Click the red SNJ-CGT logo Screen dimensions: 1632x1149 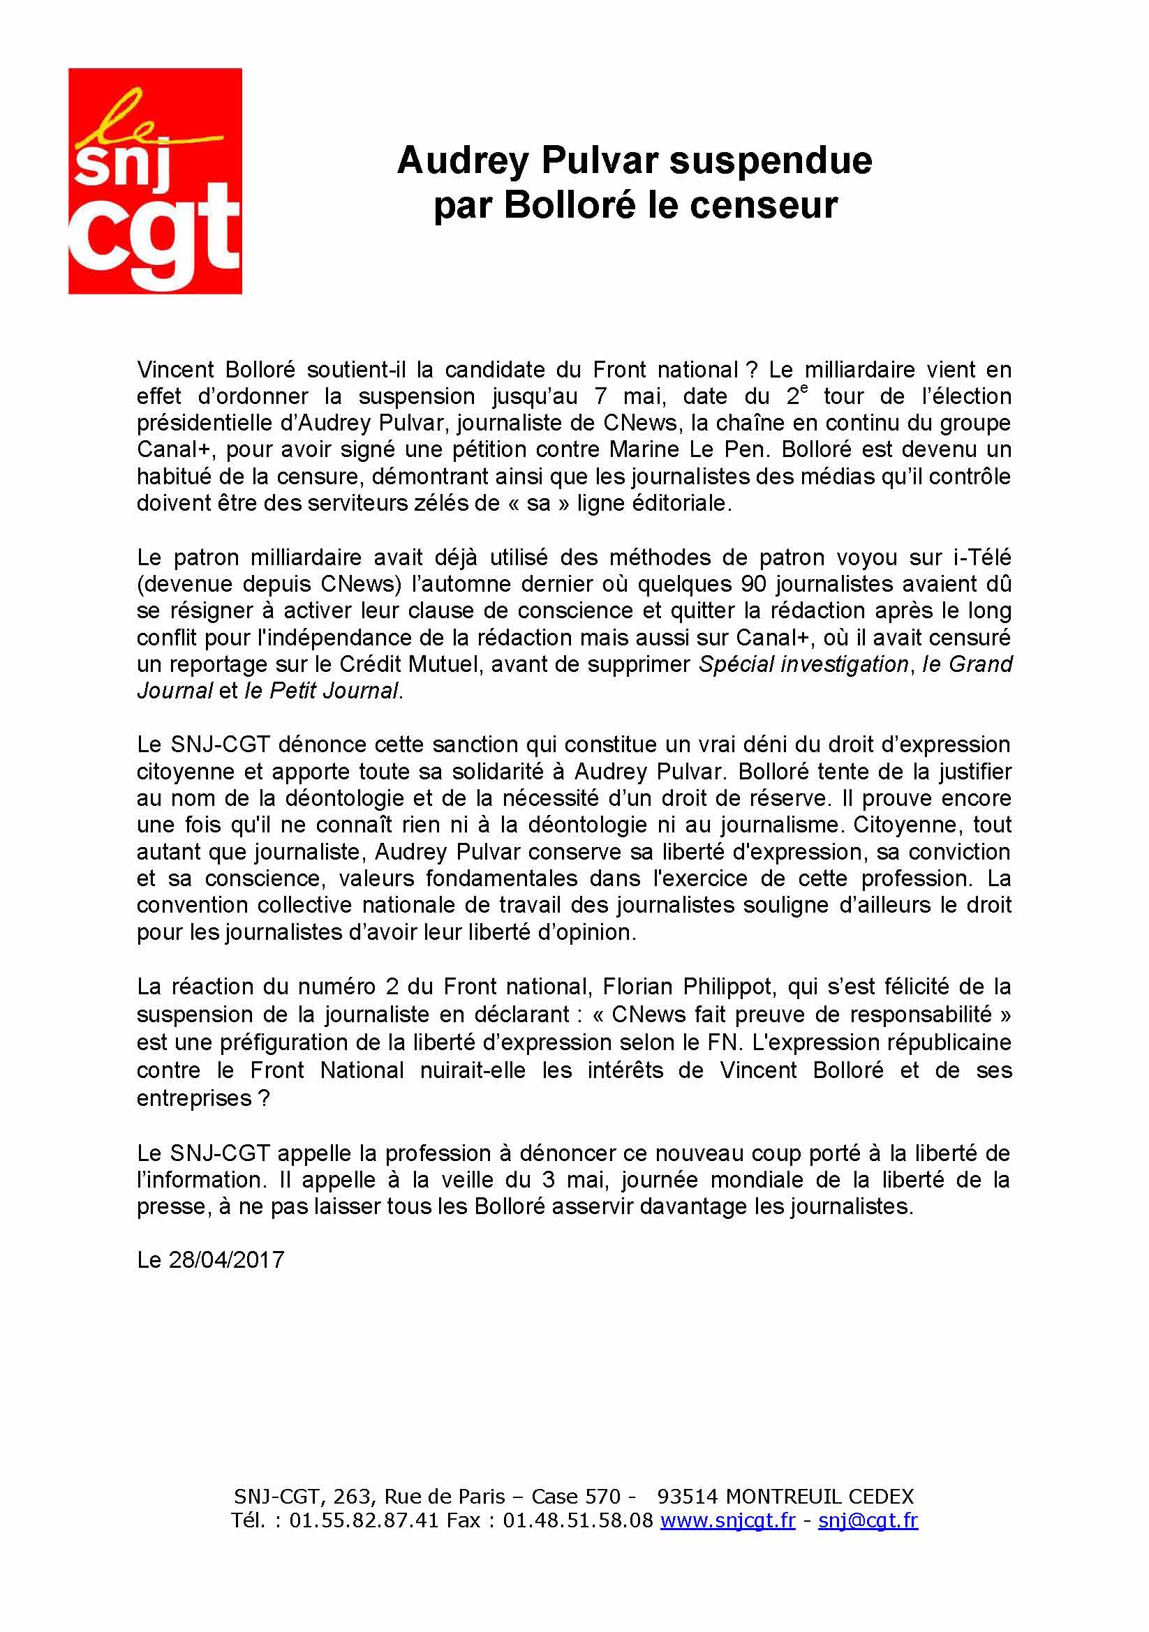click(155, 181)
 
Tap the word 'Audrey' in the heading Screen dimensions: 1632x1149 click(463, 160)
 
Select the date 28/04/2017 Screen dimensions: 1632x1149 click(226, 1259)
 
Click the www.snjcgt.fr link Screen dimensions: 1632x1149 click(727, 1520)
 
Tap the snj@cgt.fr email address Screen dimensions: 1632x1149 click(868, 1520)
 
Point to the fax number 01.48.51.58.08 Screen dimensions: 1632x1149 click(577, 1520)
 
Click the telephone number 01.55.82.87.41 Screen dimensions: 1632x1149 click(364, 1520)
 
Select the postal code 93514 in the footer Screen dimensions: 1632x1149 click(688, 1495)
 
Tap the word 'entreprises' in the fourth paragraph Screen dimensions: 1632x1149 click(194, 1098)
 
